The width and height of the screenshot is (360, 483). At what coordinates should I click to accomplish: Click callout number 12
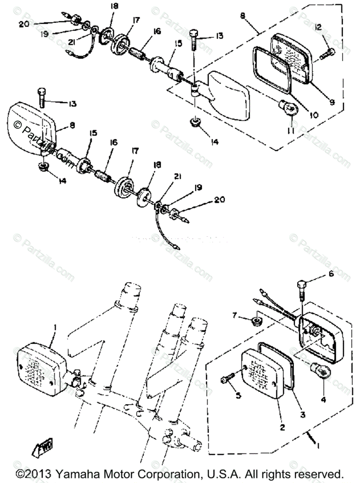click(x=318, y=27)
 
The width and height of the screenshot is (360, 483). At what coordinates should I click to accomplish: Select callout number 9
click(x=332, y=103)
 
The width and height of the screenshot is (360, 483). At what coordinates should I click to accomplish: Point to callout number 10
click(x=313, y=115)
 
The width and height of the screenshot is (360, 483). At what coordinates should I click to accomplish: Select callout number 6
click(x=331, y=275)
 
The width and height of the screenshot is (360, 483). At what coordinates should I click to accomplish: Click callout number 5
click(x=238, y=395)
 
